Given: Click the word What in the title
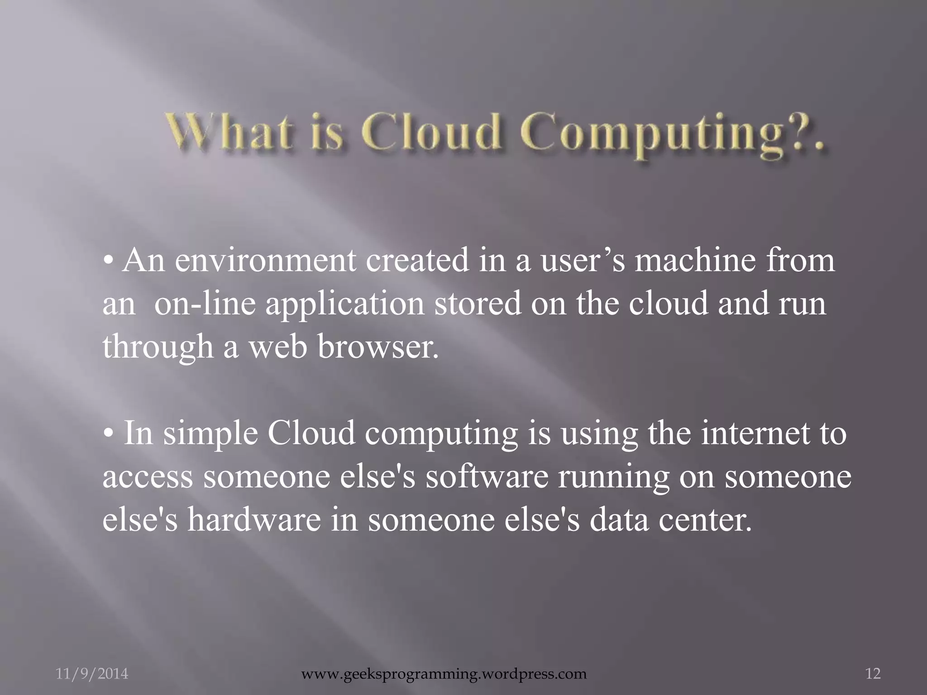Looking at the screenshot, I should pyautogui.click(x=229, y=135).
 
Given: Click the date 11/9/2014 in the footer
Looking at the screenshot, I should pyautogui.click(x=92, y=674).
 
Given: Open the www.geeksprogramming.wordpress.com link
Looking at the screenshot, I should pyautogui.click(x=444, y=674).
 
